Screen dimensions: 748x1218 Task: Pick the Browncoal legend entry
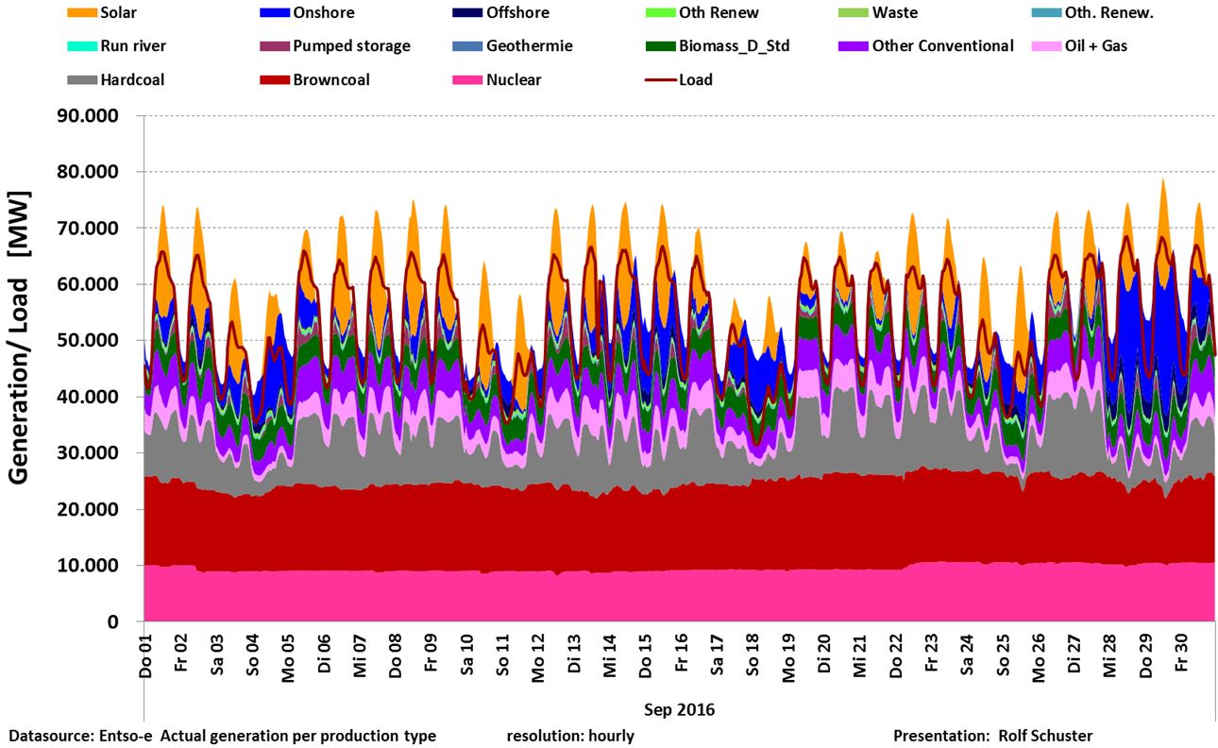[331, 80]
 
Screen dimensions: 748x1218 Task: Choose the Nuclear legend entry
[514, 80]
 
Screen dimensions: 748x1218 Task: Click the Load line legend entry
[695, 80]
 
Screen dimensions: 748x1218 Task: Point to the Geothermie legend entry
[529, 46]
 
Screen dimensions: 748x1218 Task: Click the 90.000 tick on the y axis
[89, 116]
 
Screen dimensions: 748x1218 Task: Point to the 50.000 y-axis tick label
[89, 341]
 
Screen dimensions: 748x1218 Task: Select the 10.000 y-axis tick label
[89, 566]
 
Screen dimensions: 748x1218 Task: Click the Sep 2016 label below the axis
[679, 708]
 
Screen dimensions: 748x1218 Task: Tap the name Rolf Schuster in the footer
[1045, 736]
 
